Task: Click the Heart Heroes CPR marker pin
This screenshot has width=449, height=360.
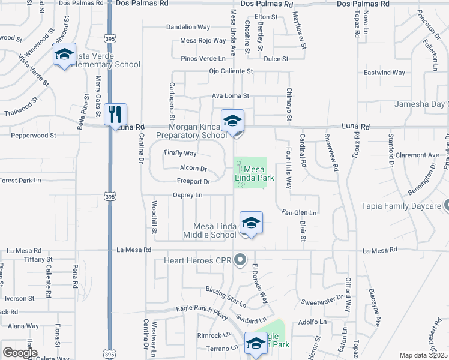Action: tap(241, 260)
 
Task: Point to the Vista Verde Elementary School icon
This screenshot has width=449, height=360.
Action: tap(64, 55)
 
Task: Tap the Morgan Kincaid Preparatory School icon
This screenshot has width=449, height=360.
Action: tap(232, 121)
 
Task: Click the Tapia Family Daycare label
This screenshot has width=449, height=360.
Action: tap(401, 206)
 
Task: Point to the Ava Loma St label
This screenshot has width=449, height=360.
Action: tap(231, 95)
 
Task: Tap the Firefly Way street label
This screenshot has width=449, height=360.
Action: tap(181, 153)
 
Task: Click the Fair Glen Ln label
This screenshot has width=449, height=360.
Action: tap(299, 212)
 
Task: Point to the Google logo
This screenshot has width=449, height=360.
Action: tap(20, 353)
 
